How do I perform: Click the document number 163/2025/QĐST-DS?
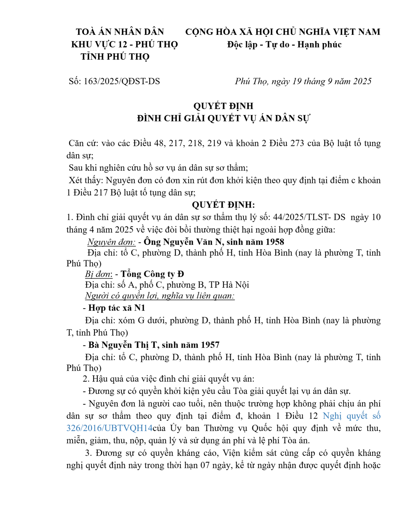[x=122, y=81]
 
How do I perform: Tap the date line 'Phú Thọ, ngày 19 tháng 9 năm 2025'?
[x=303, y=81]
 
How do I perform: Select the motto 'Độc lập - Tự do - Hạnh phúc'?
[x=284, y=45]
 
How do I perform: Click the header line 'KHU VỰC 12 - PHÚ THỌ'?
[x=125, y=45]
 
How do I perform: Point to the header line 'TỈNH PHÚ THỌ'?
[x=115, y=57]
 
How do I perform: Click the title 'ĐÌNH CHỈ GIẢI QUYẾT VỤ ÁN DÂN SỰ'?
[x=223, y=118]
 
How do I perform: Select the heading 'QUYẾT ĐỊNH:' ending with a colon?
[x=223, y=205]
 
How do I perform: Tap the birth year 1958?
[x=275, y=242]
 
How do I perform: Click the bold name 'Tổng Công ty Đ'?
[x=152, y=274]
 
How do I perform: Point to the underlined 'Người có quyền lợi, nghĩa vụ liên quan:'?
[x=160, y=296]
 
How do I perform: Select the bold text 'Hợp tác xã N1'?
[x=117, y=308]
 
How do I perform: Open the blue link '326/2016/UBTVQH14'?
[x=109, y=428]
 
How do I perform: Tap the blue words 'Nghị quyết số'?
[x=351, y=416]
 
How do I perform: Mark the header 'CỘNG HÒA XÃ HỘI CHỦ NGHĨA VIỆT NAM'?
[x=283, y=32]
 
